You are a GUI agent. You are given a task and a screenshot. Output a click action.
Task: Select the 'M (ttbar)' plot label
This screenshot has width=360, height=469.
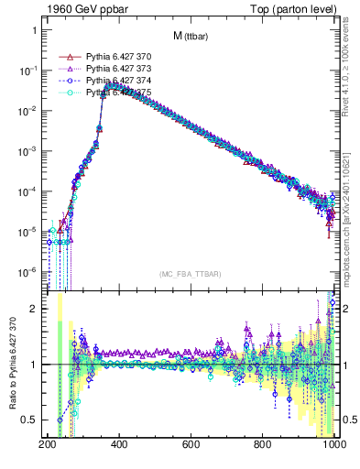[190, 37]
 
